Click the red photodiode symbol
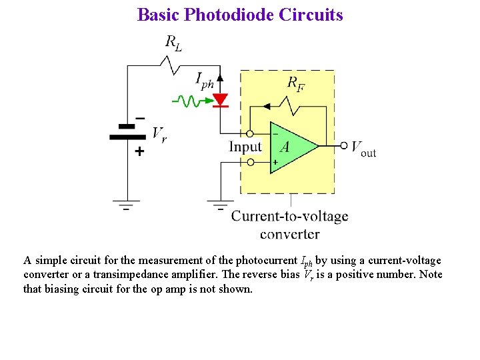click(x=220, y=101)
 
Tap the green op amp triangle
click(x=291, y=147)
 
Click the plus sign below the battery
click(x=139, y=152)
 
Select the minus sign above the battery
click(x=139, y=118)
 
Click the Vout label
click(x=363, y=148)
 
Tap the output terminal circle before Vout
click(x=344, y=145)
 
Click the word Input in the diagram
click(x=245, y=147)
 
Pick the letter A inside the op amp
click(x=284, y=147)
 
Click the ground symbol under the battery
click(x=127, y=203)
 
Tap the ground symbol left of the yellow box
click(x=220, y=203)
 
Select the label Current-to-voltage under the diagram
click(x=289, y=217)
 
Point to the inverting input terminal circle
click(x=250, y=133)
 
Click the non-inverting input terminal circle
click(x=251, y=161)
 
